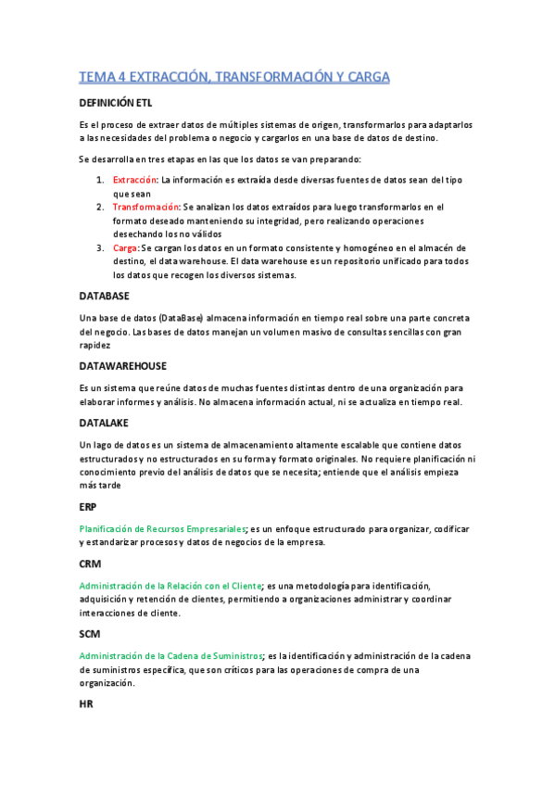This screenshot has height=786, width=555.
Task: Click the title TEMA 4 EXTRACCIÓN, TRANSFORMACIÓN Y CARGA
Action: pos(234,76)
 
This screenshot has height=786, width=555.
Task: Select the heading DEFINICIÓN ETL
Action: pos(115,103)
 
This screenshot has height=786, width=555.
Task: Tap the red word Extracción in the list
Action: pos(134,180)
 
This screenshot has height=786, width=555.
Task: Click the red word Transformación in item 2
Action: pos(145,207)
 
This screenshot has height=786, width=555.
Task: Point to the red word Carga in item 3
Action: pos(125,247)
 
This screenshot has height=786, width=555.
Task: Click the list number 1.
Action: pos(100,180)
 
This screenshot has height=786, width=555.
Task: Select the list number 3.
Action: pos(100,247)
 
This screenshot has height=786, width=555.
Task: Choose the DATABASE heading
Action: pos(105,296)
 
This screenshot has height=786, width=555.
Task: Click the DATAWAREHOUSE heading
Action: pos(123,366)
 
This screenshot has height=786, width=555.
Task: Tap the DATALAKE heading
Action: pos(107,422)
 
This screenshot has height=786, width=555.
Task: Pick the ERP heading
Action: pos(88,507)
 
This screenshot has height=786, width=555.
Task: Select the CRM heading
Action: pos(90,563)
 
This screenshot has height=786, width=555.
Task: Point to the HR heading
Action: pos(87,704)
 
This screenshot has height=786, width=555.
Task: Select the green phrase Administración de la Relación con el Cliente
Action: pos(171,586)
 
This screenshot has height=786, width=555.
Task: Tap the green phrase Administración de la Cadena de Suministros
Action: pos(171,655)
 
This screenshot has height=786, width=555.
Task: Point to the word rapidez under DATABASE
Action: pos(95,344)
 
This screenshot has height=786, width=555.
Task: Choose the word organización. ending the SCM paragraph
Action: pos(107,683)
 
